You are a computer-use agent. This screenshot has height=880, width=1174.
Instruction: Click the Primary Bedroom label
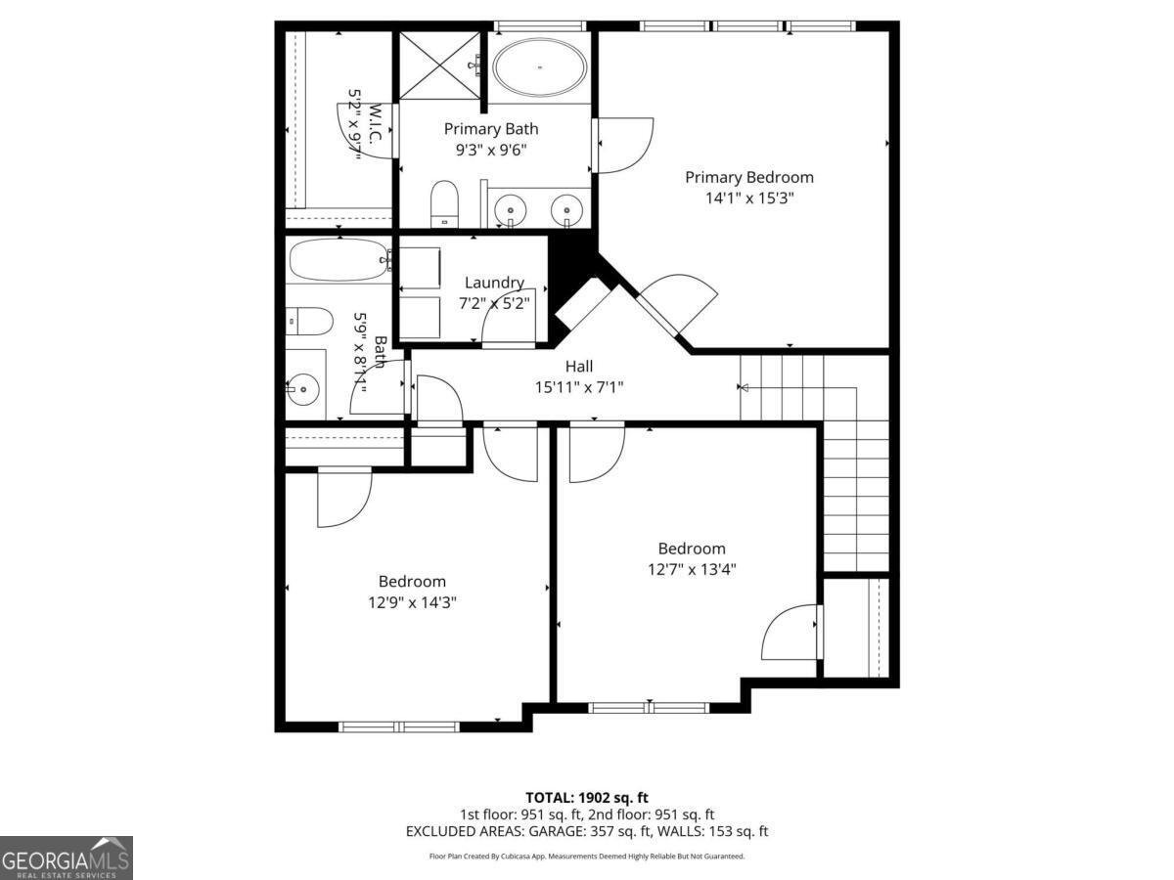(x=748, y=177)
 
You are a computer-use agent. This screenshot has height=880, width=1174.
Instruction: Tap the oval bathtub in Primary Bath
(x=540, y=67)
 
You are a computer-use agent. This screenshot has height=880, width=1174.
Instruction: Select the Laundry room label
(x=494, y=283)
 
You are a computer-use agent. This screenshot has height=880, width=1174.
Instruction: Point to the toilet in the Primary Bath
(x=445, y=200)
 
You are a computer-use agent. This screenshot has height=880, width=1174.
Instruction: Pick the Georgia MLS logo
(x=66, y=858)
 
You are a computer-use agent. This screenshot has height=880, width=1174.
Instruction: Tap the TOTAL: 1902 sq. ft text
(x=587, y=798)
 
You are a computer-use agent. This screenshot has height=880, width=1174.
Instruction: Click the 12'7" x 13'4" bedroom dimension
(x=691, y=569)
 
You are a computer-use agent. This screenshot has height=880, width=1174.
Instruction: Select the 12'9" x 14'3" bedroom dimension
(x=412, y=602)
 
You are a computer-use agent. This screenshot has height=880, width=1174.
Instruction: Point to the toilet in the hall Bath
(x=311, y=320)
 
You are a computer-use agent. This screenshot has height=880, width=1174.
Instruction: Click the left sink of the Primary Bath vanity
(x=510, y=208)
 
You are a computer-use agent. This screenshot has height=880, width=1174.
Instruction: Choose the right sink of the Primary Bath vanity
(x=565, y=208)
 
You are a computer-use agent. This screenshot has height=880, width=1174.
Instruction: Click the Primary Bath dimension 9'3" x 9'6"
(x=490, y=150)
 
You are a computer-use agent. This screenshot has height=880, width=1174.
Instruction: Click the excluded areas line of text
(x=587, y=831)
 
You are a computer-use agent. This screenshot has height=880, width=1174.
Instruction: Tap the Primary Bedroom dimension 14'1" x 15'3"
(x=748, y=198)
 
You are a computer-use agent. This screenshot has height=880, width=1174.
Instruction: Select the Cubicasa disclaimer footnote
(x=587, y=856)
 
